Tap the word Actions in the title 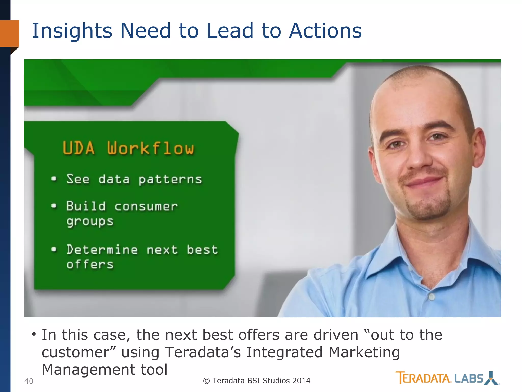[x=325, y=31]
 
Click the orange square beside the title [x=9, y=33]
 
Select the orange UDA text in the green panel [x=79, y=148]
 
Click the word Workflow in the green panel [x=150, y=148]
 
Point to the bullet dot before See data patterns [x=54, y=179]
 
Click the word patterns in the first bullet [x=170, y=179]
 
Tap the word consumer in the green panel [x=146, y=206]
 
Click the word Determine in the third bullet [x=102, y=250]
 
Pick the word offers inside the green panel [x=90, y=264]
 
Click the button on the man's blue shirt [x=432, y=297]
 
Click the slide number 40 [x=29, y=381]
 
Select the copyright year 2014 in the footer [x=301, y=381]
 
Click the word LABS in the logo [x=469, y=378]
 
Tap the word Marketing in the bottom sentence [x=364, y=352]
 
